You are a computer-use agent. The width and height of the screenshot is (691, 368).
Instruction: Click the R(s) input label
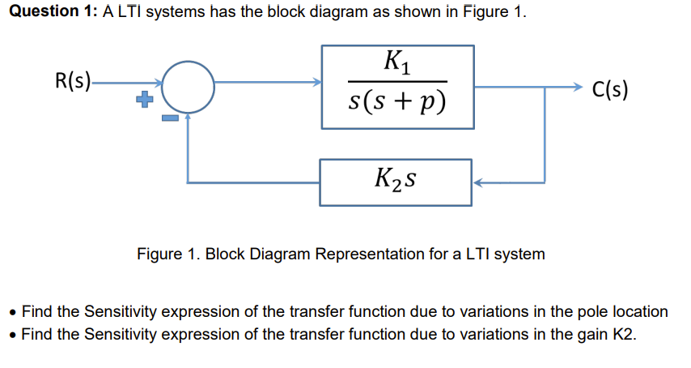pyautogui.click(x=72, y=81)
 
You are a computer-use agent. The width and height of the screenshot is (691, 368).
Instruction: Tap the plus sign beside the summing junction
pyautogui.click(x=144, y=101)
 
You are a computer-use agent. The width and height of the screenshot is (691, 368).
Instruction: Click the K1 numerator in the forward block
pyautogui.click(x=397, y=62)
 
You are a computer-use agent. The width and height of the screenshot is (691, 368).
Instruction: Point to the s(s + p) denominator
pyautogui.click(x=397, y=102)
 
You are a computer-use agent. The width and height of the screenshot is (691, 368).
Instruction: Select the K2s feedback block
pyautogui.click(x=396, y=182)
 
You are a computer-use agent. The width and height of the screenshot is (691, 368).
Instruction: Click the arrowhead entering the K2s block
pyautogui.click(x=477, y=183)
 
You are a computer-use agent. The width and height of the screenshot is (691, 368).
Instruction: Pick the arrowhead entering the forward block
pyautogui.click(x=317, y=81)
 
